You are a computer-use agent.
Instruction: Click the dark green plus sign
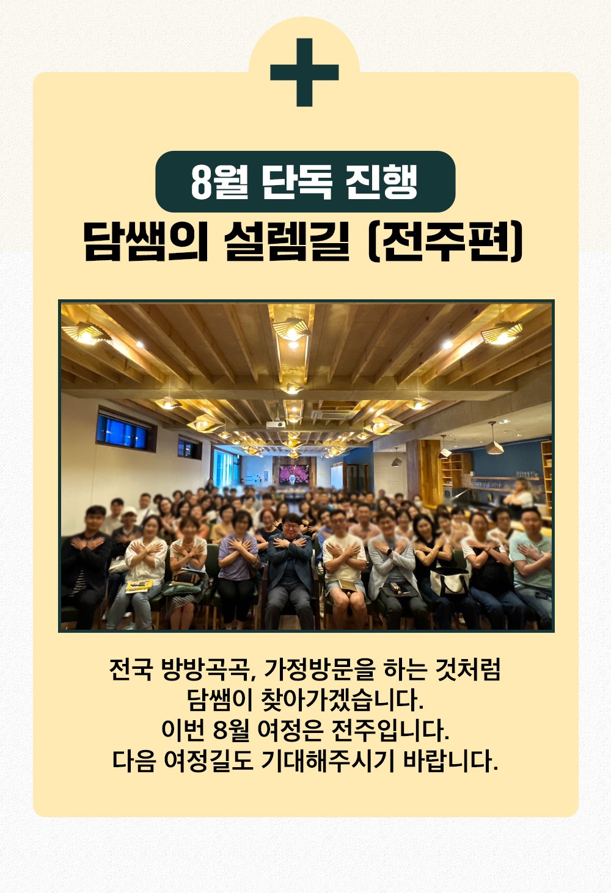tap(304, 73)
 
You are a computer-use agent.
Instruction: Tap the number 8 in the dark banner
tap(202, 182)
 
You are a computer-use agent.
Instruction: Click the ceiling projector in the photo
tap(276, 424)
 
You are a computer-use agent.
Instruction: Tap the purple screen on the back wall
tap(295, 474)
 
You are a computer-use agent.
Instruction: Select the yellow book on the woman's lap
tap(139, 585)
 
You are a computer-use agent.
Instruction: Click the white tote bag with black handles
tap(449, 582)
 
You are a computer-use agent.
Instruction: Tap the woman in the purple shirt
tap(238, 566)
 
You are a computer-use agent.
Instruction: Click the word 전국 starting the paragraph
tap(131, 669)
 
